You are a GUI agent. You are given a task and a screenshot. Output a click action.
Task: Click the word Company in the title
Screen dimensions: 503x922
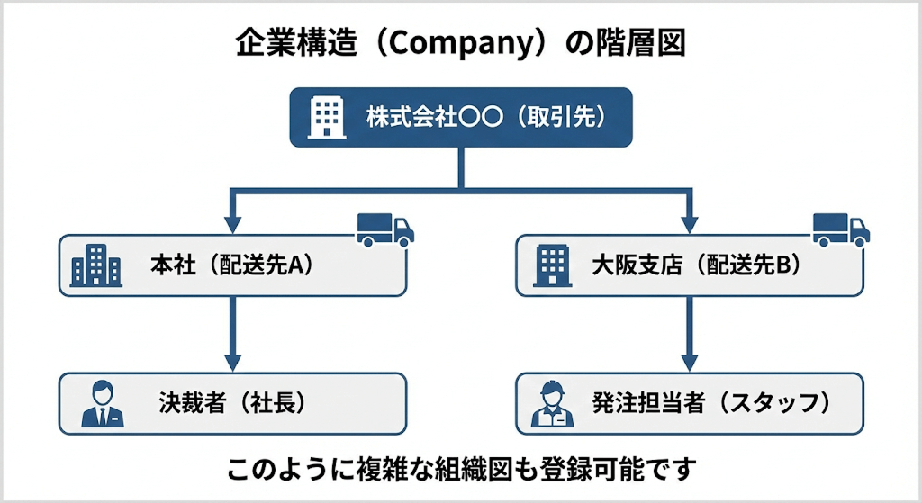pyautogui.click(x=456, y=44)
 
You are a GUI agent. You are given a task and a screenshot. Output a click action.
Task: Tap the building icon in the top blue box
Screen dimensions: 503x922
pyautogui.click(x=325, y=117)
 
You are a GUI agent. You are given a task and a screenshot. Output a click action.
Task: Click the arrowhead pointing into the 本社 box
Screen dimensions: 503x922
pyautogui.click(x=233, y=225)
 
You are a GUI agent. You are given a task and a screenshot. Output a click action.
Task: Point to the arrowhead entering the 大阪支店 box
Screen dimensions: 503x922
pyautogui.click(x=690, y=225)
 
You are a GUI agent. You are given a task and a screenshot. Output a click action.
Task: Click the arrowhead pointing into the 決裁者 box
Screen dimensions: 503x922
pyautogui.click(x=233, y=363)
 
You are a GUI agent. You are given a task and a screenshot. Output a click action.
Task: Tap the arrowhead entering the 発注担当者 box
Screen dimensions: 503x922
pyautogui.click(x=690, y=363)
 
